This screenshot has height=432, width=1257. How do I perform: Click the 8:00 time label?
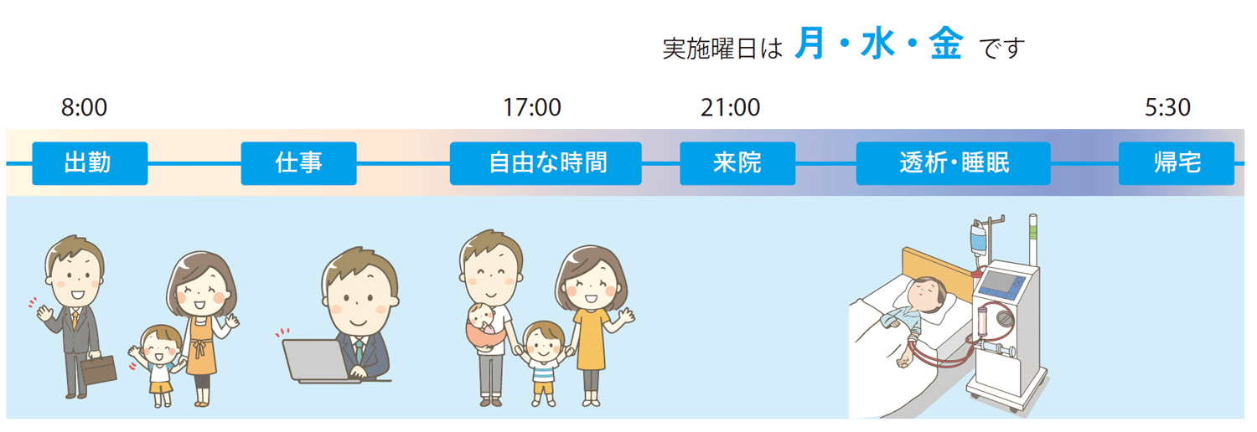tap(84, 107)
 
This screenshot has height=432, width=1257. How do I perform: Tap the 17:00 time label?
tap(531, 107)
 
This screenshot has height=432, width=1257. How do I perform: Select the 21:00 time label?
tap(730, 107)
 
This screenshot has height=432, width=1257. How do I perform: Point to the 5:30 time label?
tap(1167, 107)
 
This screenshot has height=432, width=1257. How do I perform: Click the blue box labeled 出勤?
tap(90, 163)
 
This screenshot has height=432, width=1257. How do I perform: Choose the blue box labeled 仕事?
tap(298, 163)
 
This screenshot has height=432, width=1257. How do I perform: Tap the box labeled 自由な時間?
tap(546, 163)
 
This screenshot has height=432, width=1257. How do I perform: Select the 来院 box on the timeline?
tap(737, 163)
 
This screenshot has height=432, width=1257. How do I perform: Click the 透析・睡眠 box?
tap(953, 163)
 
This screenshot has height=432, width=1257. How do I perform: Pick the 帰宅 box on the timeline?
tap(1177, 163)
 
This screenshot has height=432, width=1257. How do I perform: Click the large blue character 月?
tap(810, 44)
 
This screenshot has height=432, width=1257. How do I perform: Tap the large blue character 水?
tap(877, 44)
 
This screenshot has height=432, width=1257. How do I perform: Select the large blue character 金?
tap(946, 44)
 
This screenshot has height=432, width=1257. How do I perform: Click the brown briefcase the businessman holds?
tap(99, 370)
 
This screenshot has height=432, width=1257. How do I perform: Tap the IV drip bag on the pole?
tap(978, 238)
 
